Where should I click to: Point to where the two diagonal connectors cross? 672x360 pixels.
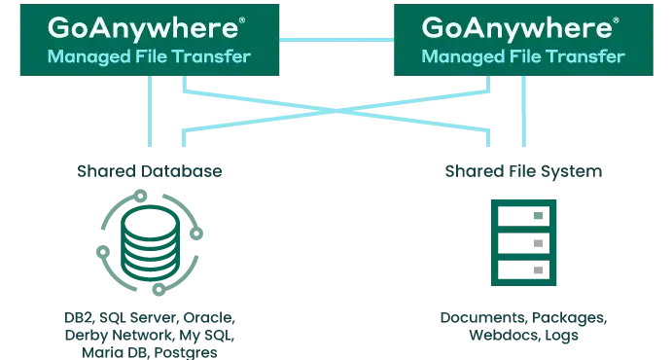pyautogui.click(x=336, y=111)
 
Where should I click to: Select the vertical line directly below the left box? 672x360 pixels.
pyautogui.click(x=151, y=112)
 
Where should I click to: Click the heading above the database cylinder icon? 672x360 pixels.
pyautogui.click(x=151, y=170)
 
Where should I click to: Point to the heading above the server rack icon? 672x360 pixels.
pyautogui.click(x=526, y=170)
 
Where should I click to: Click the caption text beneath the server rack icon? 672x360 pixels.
pyautogui.click(x=522, y=327)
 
